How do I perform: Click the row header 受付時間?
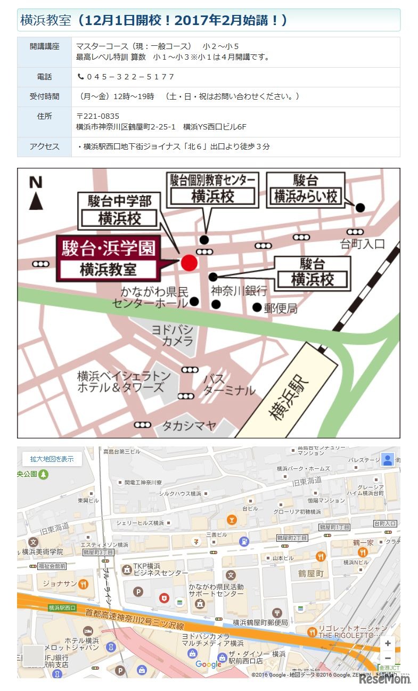pos(44,96)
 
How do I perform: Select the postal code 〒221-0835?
pos(98,116)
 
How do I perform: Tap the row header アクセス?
pos(44,147)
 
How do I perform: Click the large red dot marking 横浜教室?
pos(189,262)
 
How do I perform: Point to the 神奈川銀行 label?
pos(239,290)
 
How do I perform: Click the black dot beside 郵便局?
pos(257,307)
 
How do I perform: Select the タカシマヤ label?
pos(189,425)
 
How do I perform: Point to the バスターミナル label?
pos(228,385)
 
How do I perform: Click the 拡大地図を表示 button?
pos(52,459)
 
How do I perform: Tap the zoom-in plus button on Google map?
pos(388,644)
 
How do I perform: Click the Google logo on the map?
pos(208,664)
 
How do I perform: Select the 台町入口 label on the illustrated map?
pos(362,245)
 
